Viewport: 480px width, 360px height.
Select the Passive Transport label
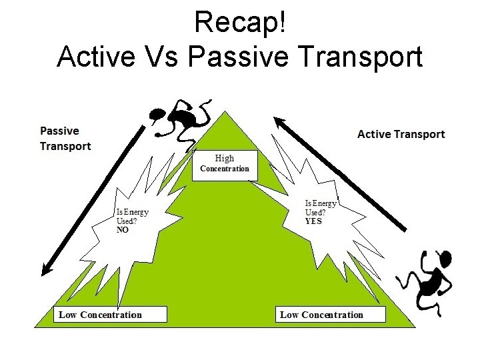[x=65, y=138]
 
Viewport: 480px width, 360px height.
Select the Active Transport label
[x=401, y=134]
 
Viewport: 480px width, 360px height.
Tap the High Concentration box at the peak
[x=225, y=163]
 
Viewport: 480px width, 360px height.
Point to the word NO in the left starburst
[x=123, y=229]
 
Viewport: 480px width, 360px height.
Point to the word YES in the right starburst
[x=313, y=221]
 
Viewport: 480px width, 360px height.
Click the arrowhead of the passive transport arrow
[x=45, y=270]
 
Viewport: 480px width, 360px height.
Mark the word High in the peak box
[x=225, y=158]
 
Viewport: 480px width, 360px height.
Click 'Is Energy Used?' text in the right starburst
[x=321, y=207]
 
